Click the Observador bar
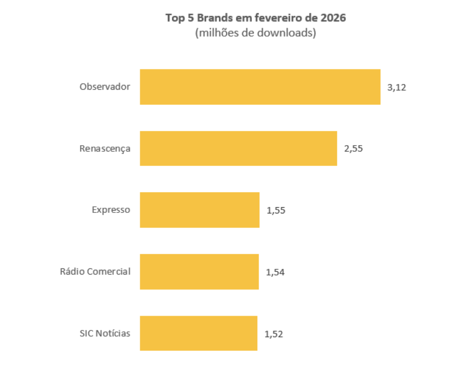coord(260,87)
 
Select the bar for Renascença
coord(238,148)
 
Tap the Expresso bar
coord(199,210)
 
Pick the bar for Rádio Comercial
coord(199,272)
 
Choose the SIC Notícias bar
coord(198,333)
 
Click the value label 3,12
coord(397,87)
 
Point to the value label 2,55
coord(353,148)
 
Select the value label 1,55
coord(276,210)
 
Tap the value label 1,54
coord(275,272)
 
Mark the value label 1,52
coord(274,334)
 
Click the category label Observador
coord(105,87)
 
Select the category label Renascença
coord(104,148)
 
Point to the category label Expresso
coord(111,210)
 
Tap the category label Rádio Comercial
coord(95,272)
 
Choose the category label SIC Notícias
coord(105,333)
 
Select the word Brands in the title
coord(215,18)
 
